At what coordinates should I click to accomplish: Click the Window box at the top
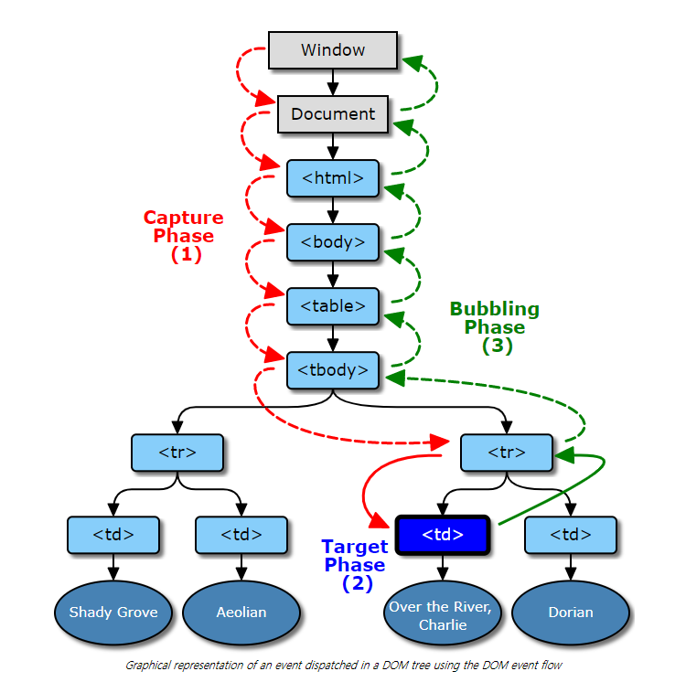(333, 49)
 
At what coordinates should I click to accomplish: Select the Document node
(333, 114)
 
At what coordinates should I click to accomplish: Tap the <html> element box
(333, 178)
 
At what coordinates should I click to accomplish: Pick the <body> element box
(333, 242)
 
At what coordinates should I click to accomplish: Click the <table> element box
(333, 306)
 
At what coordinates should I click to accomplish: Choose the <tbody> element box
(333, 370)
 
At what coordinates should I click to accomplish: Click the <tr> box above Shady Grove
(177, 453)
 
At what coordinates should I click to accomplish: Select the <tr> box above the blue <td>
(507, 453)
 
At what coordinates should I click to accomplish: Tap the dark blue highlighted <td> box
(443, 535)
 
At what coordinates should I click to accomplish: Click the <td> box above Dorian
(571, 535)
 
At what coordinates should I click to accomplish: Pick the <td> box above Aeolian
(241, 535)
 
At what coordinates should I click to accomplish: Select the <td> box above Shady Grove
(113, 535)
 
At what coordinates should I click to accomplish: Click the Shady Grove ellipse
(113, 613)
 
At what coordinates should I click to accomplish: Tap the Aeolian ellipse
(241, 613)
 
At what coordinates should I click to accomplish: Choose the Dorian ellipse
(571, 613)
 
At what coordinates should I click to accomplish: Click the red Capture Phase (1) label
(184, 236)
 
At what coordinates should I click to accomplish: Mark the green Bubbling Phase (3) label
(495, 327)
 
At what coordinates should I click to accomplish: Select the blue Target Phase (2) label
(355, 565)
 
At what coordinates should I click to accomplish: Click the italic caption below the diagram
(343, 666)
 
